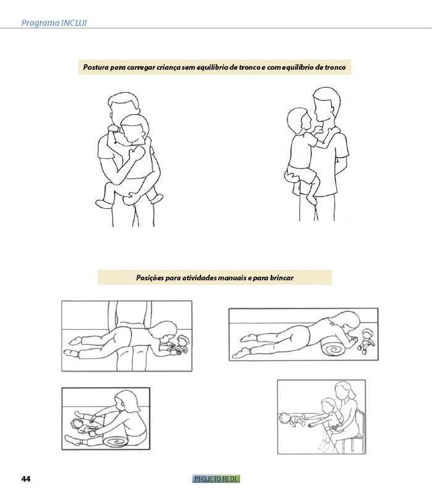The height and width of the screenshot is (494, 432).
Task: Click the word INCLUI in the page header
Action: click(x=73, y=23)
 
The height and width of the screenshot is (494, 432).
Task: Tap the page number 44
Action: click(x=26, y=479)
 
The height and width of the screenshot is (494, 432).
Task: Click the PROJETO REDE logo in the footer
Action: click(x=216, y=479)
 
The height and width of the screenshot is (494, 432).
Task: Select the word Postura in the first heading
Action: click(x=96, y=67)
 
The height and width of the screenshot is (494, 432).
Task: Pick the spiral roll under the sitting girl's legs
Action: click(x=115, y=441)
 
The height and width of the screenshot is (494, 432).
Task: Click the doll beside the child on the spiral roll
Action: click(x=365, y=341)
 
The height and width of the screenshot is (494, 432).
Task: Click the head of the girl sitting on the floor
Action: click(x=127, y=402)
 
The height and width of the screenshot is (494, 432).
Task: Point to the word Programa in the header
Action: click(x=41, y=23)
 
